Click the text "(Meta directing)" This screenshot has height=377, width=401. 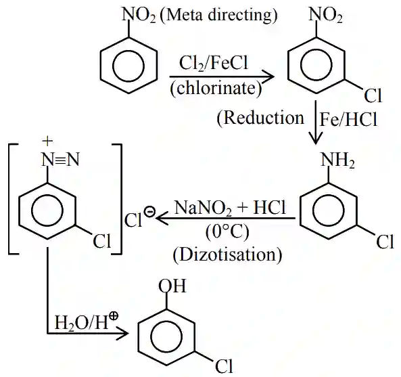[218, 16]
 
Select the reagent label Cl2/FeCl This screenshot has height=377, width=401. [214, 64]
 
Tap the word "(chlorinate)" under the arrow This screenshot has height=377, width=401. [216, 89]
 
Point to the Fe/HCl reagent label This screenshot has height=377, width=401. [348, 119]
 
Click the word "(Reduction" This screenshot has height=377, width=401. [260, 118]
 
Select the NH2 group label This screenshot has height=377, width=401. [337, 160]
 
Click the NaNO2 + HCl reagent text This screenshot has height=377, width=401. [230, 207]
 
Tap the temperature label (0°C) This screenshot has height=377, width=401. [227, 232]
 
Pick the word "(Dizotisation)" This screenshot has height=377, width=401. [228, 255]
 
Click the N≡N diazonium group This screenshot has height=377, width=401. [60, 160]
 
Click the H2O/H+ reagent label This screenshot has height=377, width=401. [87, 321]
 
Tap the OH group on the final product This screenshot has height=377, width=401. [172, 286]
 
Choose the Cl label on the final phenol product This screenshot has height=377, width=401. [224, 366]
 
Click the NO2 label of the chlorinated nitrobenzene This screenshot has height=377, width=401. [325, 16]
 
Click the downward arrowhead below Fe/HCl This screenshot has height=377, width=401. [316, 139]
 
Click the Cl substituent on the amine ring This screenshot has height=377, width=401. [385, 242]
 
